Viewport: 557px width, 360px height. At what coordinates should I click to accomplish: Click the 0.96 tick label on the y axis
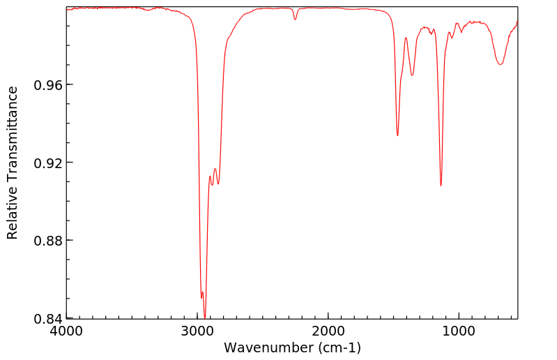(x=47, y=84)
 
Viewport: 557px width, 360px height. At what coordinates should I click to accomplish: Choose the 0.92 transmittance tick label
(x=47, y=163)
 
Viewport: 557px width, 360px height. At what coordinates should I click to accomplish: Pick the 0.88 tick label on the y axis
(x=47, y=241)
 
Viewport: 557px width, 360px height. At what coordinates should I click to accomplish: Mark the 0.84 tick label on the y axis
(x=47, y=319)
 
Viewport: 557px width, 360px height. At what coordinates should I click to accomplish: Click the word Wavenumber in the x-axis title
(x=264, y=347)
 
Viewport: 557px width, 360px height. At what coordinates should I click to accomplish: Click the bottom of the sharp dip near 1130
(x=441, y=185)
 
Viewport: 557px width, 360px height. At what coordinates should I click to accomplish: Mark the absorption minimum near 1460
(x=397, y=135)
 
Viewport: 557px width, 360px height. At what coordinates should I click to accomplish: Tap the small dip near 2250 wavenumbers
(x=295, y=20)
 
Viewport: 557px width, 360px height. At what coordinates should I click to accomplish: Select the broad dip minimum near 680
(x=500, y=65)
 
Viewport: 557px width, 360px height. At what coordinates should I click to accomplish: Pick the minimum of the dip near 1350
(x=412, y=75)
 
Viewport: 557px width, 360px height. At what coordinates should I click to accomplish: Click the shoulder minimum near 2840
(x=218, y=183)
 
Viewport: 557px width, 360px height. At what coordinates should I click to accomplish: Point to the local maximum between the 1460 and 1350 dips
(x=406, y=38)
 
